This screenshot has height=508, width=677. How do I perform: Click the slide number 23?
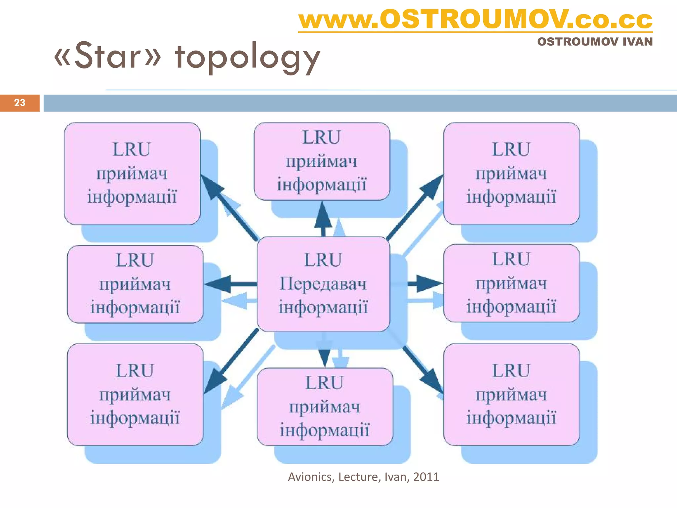(20, 103)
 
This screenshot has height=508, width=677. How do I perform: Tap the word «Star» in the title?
(107, 56)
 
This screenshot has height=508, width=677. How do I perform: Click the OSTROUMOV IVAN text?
(595, 42)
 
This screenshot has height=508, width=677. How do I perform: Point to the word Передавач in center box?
(323, 284)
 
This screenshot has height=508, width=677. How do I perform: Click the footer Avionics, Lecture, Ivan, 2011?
(363, 477)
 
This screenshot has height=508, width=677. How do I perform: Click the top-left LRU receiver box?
(132, 173)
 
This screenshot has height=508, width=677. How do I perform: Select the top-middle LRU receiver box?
(322, 161)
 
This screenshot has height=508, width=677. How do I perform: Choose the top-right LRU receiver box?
(511, 173)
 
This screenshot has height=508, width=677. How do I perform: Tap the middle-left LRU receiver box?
(135, 284)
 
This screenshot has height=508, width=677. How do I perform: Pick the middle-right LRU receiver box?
(511, 283)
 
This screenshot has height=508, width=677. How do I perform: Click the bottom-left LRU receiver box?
(135, 394)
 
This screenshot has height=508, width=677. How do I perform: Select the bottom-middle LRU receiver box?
(325, 406)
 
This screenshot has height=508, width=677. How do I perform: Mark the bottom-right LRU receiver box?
(511, 394)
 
